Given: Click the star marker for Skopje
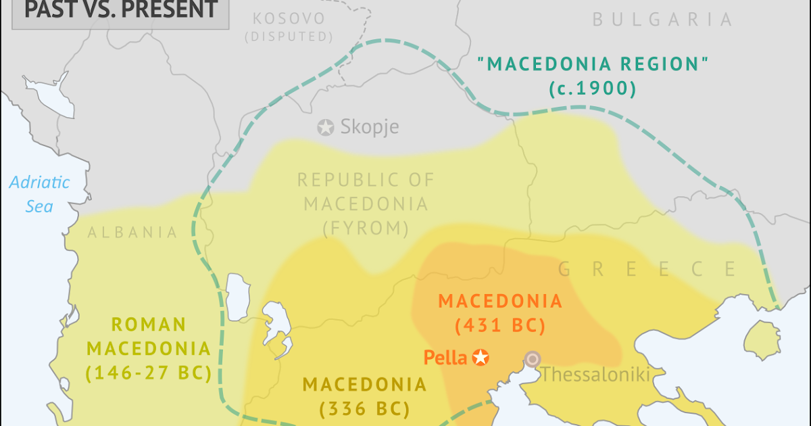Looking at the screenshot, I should [326, 127].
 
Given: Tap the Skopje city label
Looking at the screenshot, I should [370, 127].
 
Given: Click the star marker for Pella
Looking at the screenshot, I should [480, 358].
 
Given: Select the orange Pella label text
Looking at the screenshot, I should [445, 358].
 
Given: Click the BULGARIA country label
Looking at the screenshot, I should [662, 20].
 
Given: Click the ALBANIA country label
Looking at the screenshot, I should [132, 233].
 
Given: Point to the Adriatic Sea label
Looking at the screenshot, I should [39, 193].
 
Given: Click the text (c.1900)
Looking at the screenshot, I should [593, 89].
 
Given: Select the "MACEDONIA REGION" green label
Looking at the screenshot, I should [592, 65].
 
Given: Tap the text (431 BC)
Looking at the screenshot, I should [500, 325].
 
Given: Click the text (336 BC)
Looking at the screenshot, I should [365, 409].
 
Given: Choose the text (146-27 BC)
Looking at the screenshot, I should [149, 373].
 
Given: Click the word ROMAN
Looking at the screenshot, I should [149, 325].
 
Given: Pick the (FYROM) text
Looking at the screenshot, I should [365, 229].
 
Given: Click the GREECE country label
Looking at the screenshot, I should [646, 270].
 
